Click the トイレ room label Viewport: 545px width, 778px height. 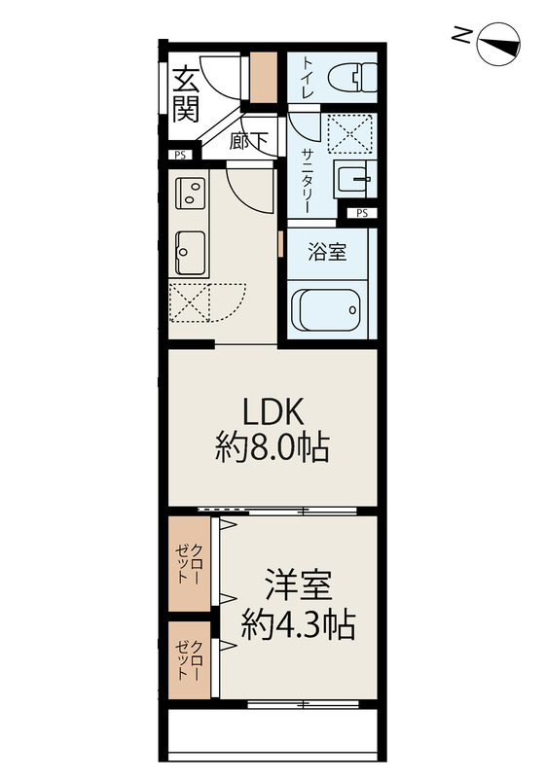tap(308, 78)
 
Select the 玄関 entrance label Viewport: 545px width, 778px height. tap(186, 94)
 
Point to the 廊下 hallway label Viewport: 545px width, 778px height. tap(248, 142)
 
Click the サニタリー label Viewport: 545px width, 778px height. tap(306, 181)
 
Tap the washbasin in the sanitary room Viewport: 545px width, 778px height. tap(354, 179)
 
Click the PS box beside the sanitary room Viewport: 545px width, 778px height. tap(362, 213)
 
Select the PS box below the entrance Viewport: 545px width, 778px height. tap(180, 155)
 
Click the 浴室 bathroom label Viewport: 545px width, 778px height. tap(327, 252)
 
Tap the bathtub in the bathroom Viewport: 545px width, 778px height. tap(326, 310)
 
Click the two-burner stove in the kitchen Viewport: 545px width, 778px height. tap(191, 193)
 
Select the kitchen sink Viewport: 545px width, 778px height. tap(191, 253)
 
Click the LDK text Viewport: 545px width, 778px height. tap(272, 412)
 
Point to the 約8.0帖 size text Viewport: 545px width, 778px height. tap(272, 448)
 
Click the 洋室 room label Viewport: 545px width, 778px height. tap(299, 587)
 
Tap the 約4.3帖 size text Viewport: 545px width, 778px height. tap(299, 624)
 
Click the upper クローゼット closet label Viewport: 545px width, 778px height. tap(189, 564)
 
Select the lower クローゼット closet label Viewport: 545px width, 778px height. tap(189, 660)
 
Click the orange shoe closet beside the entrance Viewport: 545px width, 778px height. tap(263, 78)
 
